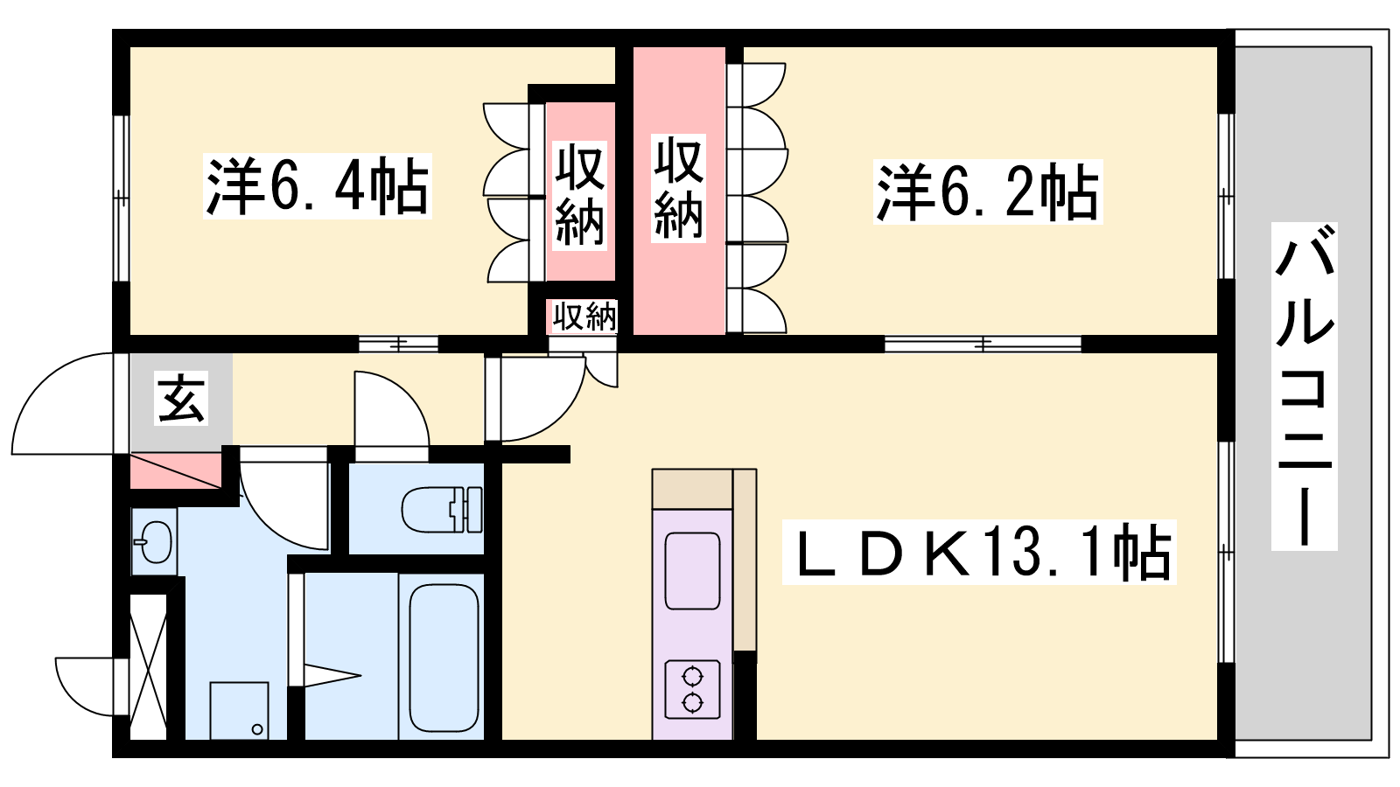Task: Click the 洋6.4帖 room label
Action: pos(318,186)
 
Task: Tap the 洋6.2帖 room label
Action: pos(988,192)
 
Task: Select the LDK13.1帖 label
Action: pos(979,552)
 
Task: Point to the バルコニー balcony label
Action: pos(1304,386)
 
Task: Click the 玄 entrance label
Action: pos(181,399)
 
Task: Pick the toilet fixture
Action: pos(442,510)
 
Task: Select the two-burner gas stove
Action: pos(692,689)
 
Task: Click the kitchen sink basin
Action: pos(692,571)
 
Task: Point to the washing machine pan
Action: pos(240,711)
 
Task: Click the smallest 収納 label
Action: pos(584,316)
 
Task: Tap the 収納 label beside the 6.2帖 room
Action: pos(679,188)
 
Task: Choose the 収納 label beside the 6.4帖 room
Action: pos(580,195)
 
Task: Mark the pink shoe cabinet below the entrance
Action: pos(176,471)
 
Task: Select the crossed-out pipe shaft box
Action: pos(148,667)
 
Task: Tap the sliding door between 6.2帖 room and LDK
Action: pos(983,345)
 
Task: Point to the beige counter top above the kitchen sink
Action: pos(692,489)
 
